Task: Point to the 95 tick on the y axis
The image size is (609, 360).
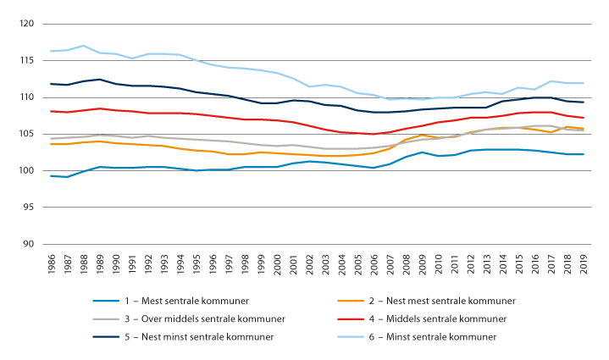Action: [x=27, y=208]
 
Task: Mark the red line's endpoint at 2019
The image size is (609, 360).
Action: [x=583, y=118]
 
